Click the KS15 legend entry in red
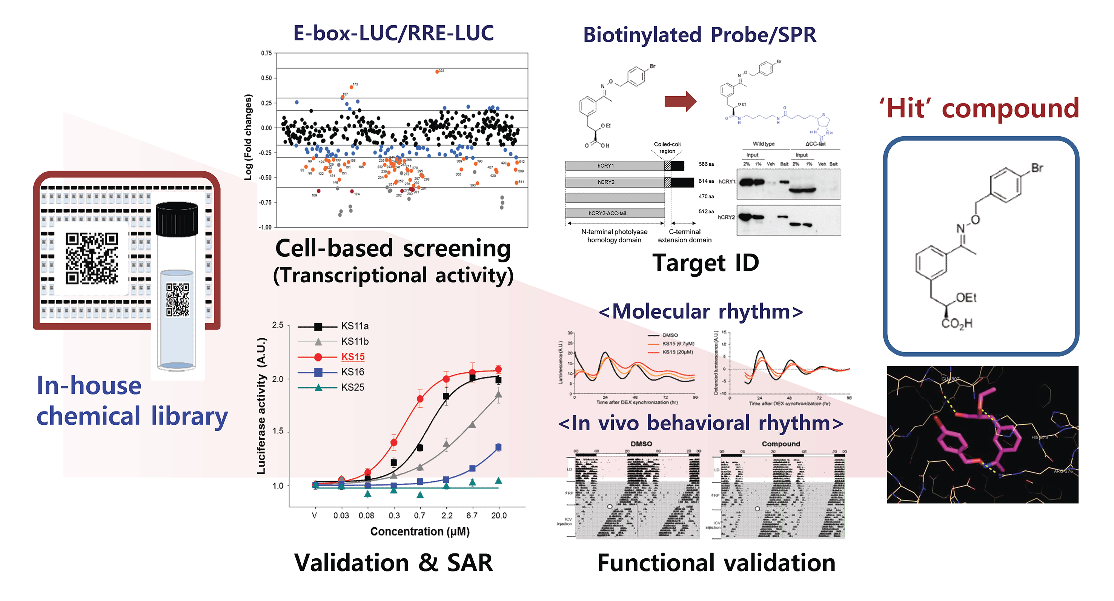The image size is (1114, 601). click(x=352, y=356)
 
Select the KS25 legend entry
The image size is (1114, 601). click(x=352, y=387)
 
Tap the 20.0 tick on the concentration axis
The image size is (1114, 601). click(x=499, y=515)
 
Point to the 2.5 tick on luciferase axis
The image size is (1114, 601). click(x=278, y=325)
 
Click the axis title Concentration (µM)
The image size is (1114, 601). click(x=419, y=531)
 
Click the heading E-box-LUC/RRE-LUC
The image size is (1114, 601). click(x=393, y=33)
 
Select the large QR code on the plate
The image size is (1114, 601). click(x=92, y=258)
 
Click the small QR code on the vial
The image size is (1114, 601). click(x=177, y=299)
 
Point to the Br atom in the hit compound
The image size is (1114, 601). click(x=1037, y=168)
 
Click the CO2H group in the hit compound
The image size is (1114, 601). click(x=957, y=324)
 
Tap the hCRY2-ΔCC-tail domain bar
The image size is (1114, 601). click(x=615, y=213)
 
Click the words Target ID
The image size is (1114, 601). click(x=705, y=263)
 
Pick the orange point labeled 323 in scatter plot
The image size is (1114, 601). click(x=437, y=72)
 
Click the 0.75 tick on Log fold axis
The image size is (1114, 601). click(x=266, y=53)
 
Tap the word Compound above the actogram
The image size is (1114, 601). click(x=781, y=444)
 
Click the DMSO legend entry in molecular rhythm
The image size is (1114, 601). click(x=670, y=335)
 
